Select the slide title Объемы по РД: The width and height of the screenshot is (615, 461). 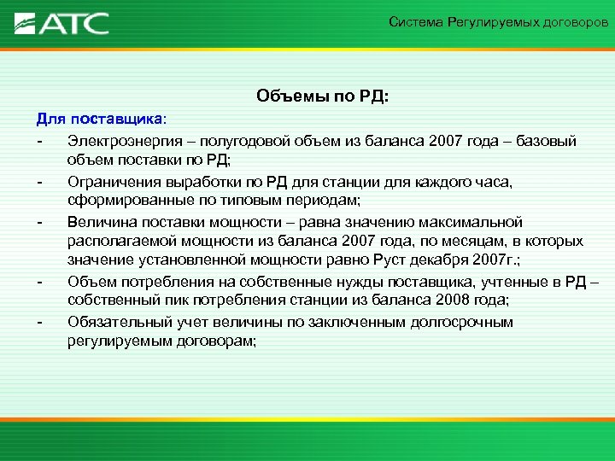pos(322,97)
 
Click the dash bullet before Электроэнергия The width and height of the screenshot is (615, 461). pos(39,140)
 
